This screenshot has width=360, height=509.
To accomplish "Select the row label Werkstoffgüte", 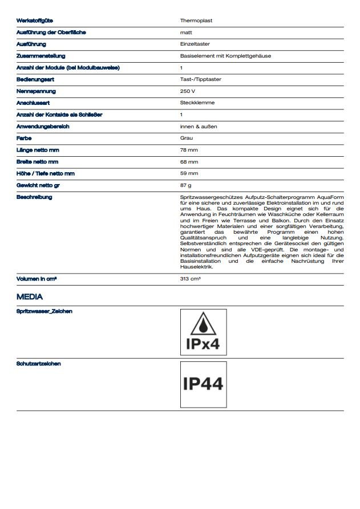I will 35,21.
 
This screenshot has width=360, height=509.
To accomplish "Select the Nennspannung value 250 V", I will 187,91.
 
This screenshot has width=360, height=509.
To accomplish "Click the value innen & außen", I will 198,127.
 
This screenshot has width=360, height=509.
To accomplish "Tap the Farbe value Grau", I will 186,139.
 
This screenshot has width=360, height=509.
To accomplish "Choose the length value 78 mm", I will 189,150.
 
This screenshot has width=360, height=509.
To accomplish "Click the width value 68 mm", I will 189,162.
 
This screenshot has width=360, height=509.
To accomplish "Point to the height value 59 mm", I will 189,173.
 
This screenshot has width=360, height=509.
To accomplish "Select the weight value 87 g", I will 185,185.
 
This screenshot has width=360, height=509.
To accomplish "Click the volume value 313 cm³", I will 190,279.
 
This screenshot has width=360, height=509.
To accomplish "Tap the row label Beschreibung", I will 34,197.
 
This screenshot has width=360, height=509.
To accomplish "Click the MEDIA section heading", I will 30,297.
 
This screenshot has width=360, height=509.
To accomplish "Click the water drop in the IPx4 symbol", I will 203,325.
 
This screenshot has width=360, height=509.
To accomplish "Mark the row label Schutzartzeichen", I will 39,364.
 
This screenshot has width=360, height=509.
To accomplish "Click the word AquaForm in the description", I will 330,197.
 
